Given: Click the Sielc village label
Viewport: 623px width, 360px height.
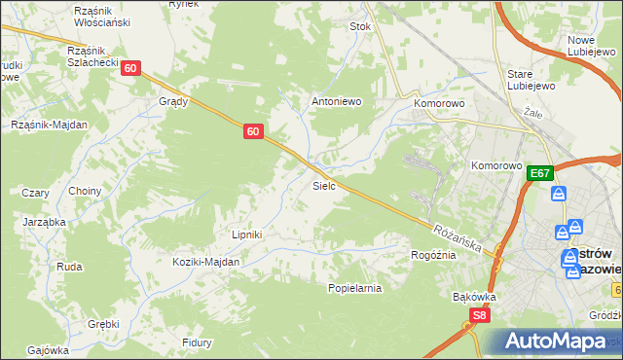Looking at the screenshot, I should coord(324,185).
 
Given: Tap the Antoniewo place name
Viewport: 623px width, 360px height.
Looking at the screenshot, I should coord(336,101).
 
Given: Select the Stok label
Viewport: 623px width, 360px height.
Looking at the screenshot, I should coord(361,27).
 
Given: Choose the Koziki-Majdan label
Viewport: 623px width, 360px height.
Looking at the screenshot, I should coord(205,262).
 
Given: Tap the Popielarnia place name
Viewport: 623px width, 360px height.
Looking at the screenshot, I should coord(354,288).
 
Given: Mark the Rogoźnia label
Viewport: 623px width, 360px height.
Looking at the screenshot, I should coord(433,255).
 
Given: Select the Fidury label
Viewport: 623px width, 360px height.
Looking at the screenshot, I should coord(197,342).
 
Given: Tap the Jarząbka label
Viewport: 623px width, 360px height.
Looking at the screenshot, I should coord(44,222).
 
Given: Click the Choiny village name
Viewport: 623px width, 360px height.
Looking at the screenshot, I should coord(85,192).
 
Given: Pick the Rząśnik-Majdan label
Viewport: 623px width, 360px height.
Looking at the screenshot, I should coord(49,125).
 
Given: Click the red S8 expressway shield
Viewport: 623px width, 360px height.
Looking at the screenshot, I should coord(478,315).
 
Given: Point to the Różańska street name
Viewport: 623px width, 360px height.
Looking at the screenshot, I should coord(458,235).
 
